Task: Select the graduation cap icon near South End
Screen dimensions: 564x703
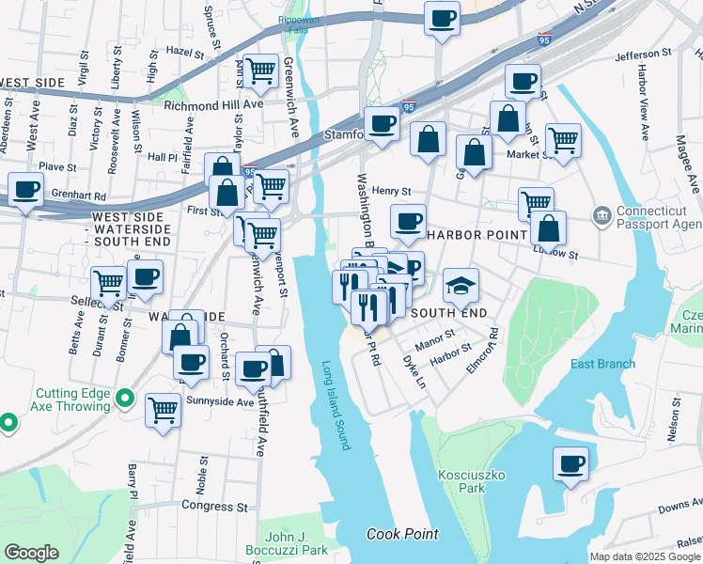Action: (x=461, y=284)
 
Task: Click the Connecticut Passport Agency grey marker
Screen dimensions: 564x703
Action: (x=601, y=217)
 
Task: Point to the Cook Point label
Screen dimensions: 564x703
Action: (x=402, y=534)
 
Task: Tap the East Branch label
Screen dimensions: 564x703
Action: (x=602, y=364)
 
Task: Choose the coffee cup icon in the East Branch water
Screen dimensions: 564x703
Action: (x=570, y=463)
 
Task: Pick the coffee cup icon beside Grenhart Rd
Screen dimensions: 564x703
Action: (x=26, y=189)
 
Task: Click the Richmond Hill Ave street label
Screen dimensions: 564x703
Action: (x=213, y=105)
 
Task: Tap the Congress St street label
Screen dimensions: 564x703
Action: (x=214, y=506)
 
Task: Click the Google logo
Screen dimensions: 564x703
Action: (x=32, y=553)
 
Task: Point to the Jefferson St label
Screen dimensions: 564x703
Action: (x=646, y=56)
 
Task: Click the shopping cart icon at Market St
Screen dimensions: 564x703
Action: (x=563, y=141)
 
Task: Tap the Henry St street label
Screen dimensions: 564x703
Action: (x=391, y=191)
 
